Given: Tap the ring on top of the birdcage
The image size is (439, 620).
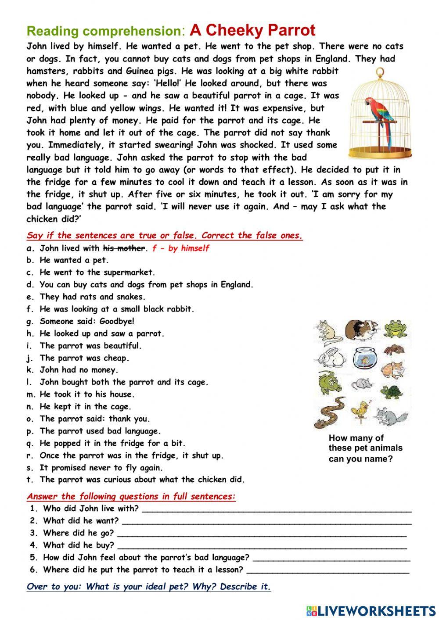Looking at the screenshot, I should coord(380,72).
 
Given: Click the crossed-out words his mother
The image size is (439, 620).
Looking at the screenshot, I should coord(123,248).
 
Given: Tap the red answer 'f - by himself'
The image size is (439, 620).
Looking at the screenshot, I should coord(180,248).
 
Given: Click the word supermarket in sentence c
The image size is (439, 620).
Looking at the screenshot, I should coord(129,272).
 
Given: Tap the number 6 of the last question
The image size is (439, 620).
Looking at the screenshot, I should coord(34,570).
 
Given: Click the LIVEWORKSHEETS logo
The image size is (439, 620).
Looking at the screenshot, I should coord(371,610).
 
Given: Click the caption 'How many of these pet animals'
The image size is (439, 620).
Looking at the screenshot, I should coord(365,443).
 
